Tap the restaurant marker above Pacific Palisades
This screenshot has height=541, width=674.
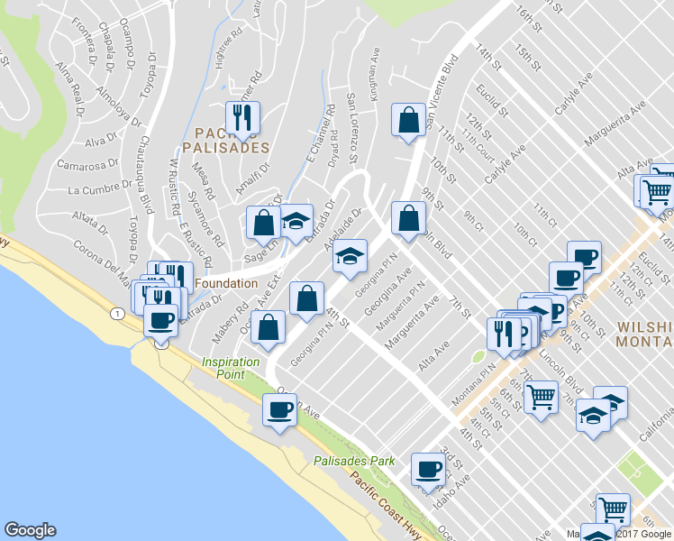pyautogui.click(x=241, y=117)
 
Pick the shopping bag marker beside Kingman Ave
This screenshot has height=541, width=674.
pyautogui.click(x=408, y=120)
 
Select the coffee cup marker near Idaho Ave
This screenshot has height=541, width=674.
pyautogui.click(x=428, y=469)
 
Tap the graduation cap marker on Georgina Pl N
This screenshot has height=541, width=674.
pyautogui.click(x=351, y=256)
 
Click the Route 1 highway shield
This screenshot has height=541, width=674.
pyautogui.click(x=116, y=313)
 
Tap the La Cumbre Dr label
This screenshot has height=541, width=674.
pyautogui.click(x=94, y=189)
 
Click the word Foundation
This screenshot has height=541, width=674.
pyautogui.click(x=226, y=283)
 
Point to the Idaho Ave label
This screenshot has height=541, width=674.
pyautogui.click(x=451, y=492)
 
